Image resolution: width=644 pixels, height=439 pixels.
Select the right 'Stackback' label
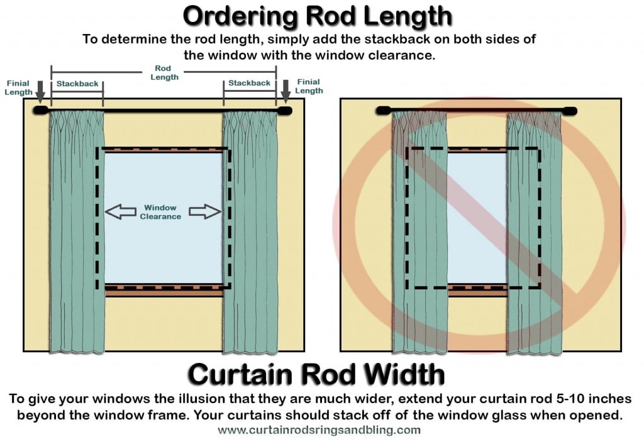(x=249, y=83)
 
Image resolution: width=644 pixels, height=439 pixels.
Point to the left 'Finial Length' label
(x=18, y=87)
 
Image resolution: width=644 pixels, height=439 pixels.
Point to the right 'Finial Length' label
(x=309, y=86)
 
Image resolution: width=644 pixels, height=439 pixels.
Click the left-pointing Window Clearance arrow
(x=119, y=211)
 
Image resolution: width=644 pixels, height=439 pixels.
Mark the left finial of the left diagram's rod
(x=40, y=111)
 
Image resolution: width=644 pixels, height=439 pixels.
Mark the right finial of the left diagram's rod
(x=285, y=111)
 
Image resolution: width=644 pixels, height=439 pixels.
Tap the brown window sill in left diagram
(x=164, y=290)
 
